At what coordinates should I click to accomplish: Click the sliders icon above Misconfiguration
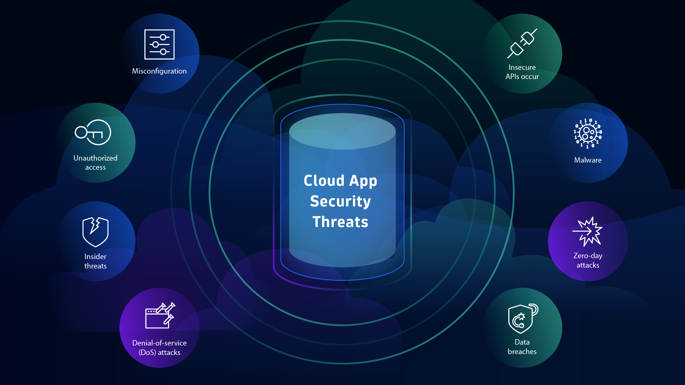pos(159,44)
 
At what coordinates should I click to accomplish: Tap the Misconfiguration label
pos(159,71)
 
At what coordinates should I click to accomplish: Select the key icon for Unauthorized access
pos(93,132)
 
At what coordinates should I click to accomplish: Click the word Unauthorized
pos(95,158)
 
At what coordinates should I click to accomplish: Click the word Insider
pos(95,256)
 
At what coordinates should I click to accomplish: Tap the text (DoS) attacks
pos(159,352)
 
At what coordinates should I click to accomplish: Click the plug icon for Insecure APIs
pos(522,44)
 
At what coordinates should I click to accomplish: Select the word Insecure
pos(522,67)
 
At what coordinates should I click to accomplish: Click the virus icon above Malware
pos(588,133)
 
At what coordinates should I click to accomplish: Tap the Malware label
pos(588,160)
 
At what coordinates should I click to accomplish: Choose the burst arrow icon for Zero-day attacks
pos(588,231)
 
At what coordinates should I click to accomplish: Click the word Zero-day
pos(588,256)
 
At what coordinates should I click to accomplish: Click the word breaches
pos(522,352)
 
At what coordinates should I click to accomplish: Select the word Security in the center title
pos(340,201)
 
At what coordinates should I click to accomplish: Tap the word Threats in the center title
pos(340,222)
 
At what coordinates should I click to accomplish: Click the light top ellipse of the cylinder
pos(342,131)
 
